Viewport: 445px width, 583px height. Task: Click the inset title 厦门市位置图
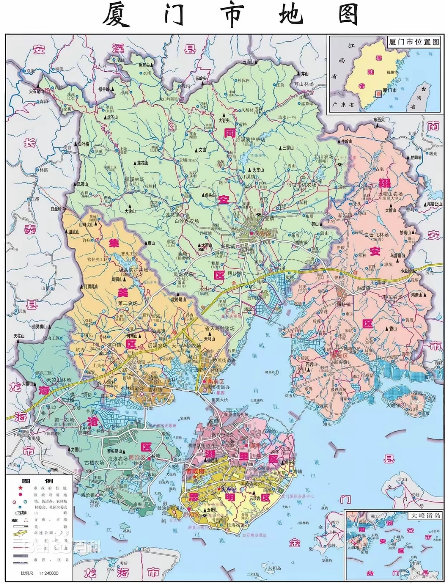coord(414,42)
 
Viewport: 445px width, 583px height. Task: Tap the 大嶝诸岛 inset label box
coord(424,515)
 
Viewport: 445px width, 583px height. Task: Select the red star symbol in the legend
coord(19,488)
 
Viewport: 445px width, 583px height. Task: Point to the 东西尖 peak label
coord(378,120)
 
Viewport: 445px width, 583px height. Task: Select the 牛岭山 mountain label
coord(346,141)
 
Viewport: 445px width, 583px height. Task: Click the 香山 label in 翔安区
coord(392,329)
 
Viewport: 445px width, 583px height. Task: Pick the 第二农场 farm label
coord(128,303)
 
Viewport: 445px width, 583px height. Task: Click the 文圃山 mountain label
coord(76,450)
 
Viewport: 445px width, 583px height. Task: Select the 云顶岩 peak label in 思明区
coord(255,498)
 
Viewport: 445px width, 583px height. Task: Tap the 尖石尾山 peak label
coord(40,92)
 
